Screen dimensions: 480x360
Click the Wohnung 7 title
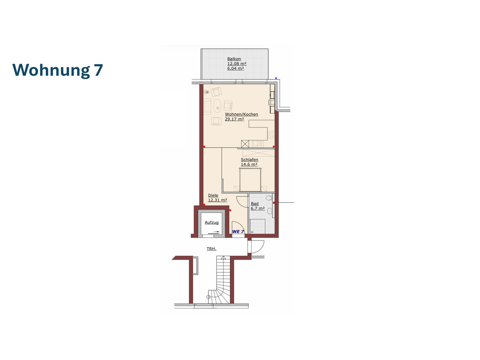tap(58, 70)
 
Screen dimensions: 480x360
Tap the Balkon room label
tap(234, 59)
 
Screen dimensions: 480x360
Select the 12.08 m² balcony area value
tap(237, 64)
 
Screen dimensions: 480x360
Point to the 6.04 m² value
tap(235, 68)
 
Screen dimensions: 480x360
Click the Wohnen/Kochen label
tap(242, 114)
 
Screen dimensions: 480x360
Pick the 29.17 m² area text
tap(234, 119)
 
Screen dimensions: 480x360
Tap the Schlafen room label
tap(249, 160)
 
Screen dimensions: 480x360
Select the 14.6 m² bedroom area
tap(249, 164)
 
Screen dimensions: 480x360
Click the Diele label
tap(213, 196)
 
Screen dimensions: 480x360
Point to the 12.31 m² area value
tap(217, 200)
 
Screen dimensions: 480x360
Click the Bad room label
tap(254, 204)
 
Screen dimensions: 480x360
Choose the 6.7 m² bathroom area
tap(258, 208)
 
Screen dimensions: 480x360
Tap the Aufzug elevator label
tap(212, 222)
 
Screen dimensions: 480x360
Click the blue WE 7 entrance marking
tap(238, 232)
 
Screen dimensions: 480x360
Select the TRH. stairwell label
tap(212, 249)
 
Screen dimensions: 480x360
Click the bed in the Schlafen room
tap(250, 180)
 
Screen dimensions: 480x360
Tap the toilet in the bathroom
tap(269, 198)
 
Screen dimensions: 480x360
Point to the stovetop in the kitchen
tap(271, 135)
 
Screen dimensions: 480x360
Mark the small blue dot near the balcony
tap(276, 78)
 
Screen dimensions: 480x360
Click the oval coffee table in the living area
tap(217, 106)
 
